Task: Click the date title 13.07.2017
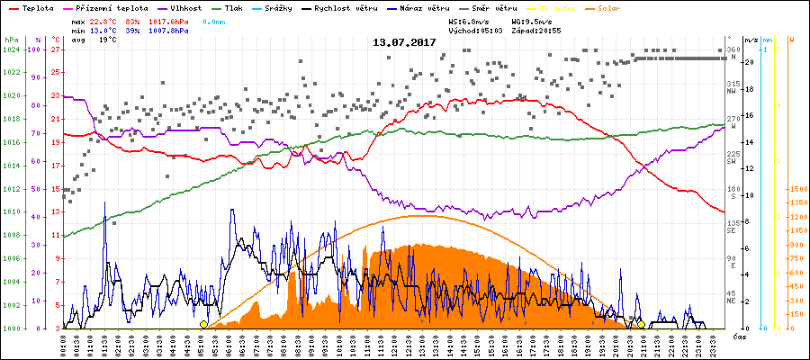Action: pos(405,42)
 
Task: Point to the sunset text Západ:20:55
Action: pos(535,30)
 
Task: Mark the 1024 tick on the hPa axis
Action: pos(11,50)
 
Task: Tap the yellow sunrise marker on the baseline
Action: pos(204,324)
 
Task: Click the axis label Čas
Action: pos(739,337)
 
